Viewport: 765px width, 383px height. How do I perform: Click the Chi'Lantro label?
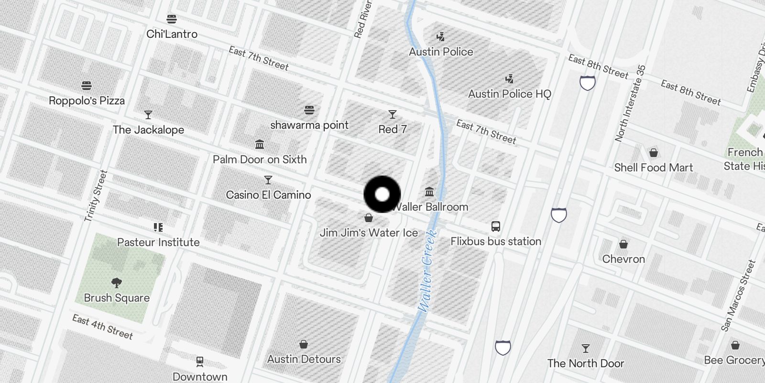172,34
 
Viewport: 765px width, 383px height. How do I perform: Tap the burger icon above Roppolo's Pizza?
87,86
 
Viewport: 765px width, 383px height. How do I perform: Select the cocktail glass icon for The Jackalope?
148,115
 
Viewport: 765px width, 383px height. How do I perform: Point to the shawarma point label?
309,125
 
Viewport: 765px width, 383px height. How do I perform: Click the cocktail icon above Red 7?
393,114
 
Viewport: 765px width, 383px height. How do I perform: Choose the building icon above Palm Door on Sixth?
260,144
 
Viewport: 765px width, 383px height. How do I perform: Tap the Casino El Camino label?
268,195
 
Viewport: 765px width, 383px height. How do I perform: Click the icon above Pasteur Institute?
158,227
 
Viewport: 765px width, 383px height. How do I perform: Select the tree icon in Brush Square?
116,282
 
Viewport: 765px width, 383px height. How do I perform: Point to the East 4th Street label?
102,327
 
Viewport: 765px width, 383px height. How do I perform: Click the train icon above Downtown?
200,361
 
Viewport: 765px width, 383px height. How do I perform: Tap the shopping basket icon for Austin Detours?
304,344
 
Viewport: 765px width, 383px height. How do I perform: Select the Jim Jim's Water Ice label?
369,233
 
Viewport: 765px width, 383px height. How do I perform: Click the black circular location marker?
382,194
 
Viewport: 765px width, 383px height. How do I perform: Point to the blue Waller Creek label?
426,271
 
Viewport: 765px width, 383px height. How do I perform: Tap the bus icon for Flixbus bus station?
496,226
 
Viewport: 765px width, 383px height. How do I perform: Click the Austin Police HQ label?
510,94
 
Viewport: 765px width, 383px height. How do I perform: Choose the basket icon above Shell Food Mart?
653,153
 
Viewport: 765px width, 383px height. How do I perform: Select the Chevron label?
623,259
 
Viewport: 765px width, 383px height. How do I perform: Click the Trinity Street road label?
96,196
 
